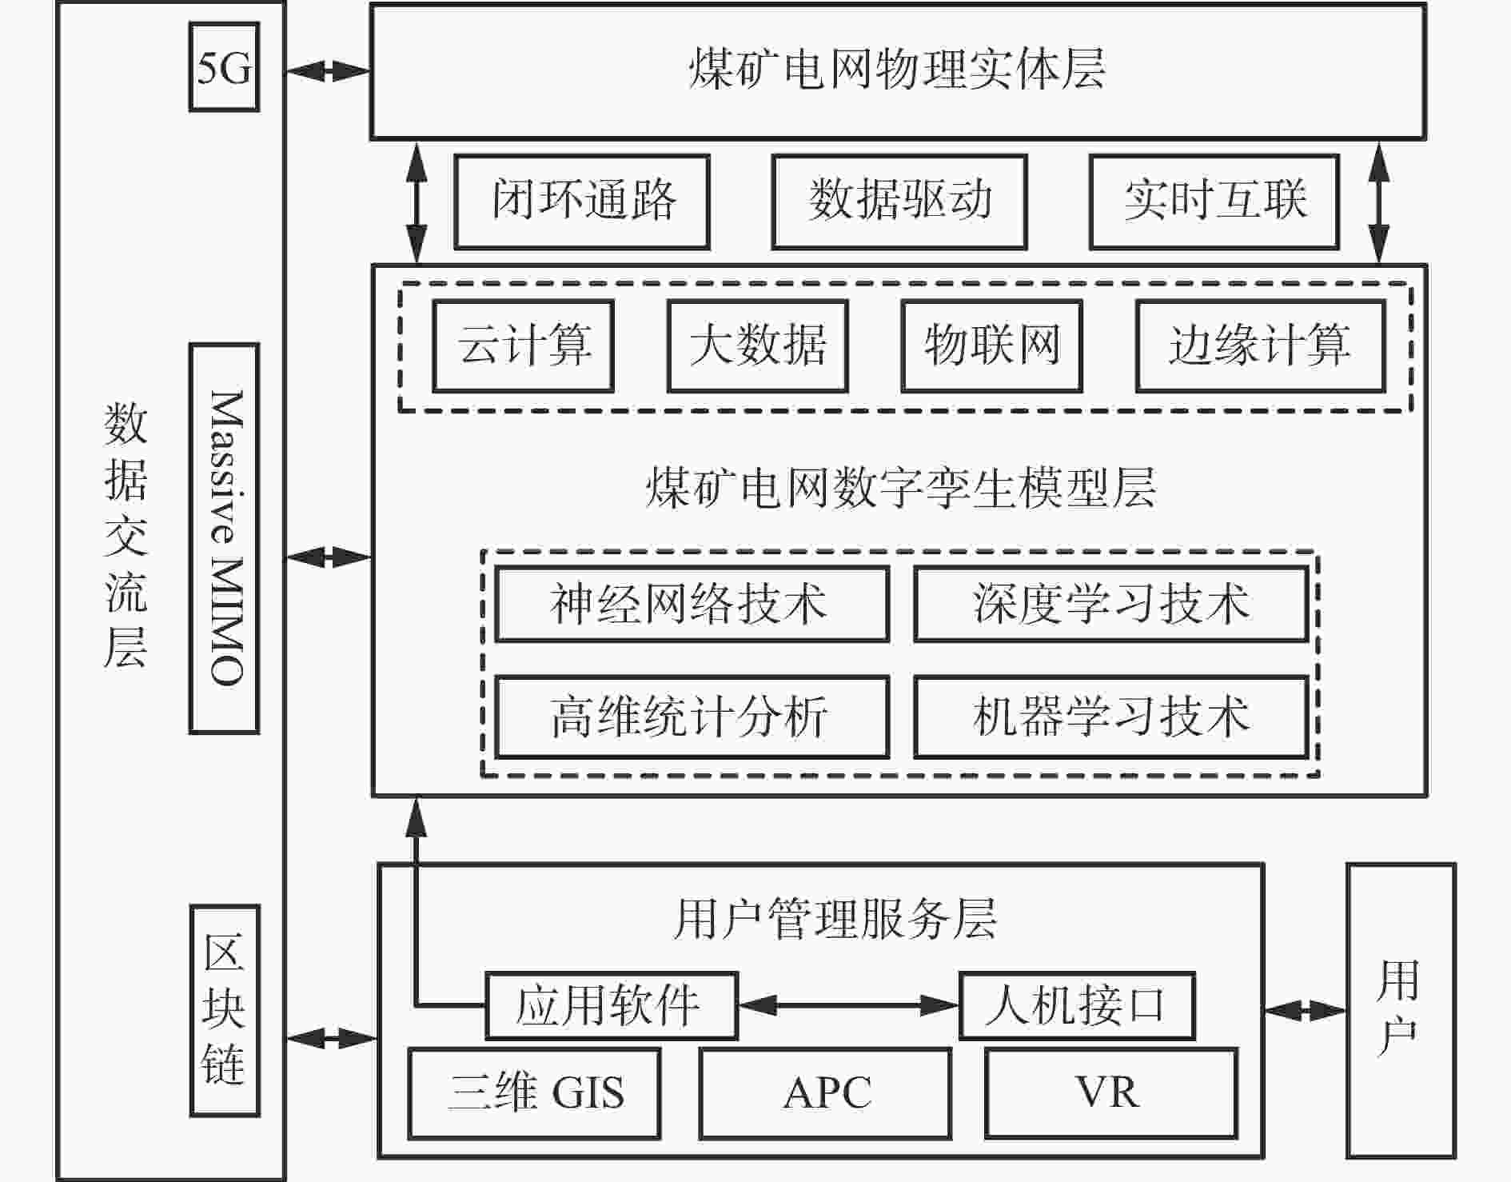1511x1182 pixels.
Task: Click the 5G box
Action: [224, 67]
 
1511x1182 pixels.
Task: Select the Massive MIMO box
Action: [224, 538]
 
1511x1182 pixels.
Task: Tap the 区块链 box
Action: [225, 1010]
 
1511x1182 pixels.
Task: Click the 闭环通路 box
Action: [582, 202]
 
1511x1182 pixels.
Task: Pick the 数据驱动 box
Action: [899, 202]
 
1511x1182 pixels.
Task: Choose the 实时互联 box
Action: [1214, 202]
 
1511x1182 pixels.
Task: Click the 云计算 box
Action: [524, 345]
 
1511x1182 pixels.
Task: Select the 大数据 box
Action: [757, 345]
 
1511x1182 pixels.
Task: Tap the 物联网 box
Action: [991, 345]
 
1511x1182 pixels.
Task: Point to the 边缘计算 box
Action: [1260, 345]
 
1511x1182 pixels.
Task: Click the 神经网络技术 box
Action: [692, 604]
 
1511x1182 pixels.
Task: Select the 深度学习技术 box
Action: [1111, 604]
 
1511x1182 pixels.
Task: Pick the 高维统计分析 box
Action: [692, 717]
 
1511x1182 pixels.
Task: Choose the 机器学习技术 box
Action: [1111, 717]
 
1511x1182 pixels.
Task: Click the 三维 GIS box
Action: [534, 1093]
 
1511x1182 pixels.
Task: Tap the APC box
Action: [825, 1093]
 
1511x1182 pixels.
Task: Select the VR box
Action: [1111, 1093]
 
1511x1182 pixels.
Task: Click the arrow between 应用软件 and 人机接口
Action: [848, 1005]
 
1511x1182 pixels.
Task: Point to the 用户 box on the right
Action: [1401, 1010]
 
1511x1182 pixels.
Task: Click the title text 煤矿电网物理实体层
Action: [897, 69]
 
